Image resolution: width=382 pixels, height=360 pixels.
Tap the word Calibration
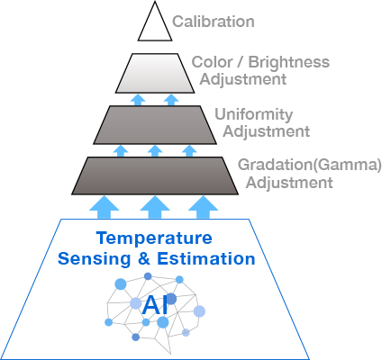214,22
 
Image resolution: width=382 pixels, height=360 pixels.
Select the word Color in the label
212,62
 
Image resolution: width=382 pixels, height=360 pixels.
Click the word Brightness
289,62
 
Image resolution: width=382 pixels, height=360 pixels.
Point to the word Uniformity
254,114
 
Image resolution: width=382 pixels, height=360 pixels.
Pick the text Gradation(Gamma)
310,165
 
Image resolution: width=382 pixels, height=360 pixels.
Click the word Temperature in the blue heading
154,238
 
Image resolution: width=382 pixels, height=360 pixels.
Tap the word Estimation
206,258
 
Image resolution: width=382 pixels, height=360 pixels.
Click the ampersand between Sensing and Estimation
144,258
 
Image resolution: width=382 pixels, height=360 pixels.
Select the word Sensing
95,259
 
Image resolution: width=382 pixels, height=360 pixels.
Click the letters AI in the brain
155,305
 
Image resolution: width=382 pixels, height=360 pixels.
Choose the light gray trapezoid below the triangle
155,73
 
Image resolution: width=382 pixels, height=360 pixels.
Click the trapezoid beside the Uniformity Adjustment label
155,125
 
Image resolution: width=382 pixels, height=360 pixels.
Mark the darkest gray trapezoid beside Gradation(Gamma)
155,175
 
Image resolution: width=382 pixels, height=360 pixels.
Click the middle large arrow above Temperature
155,207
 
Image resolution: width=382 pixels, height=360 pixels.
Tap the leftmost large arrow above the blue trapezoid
105,207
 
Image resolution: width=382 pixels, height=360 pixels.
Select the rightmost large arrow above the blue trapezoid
203,207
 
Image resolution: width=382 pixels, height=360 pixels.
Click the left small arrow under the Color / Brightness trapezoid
138,100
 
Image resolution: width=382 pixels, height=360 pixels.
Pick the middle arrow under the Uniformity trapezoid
155,151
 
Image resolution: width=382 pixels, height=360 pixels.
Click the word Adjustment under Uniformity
267,132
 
